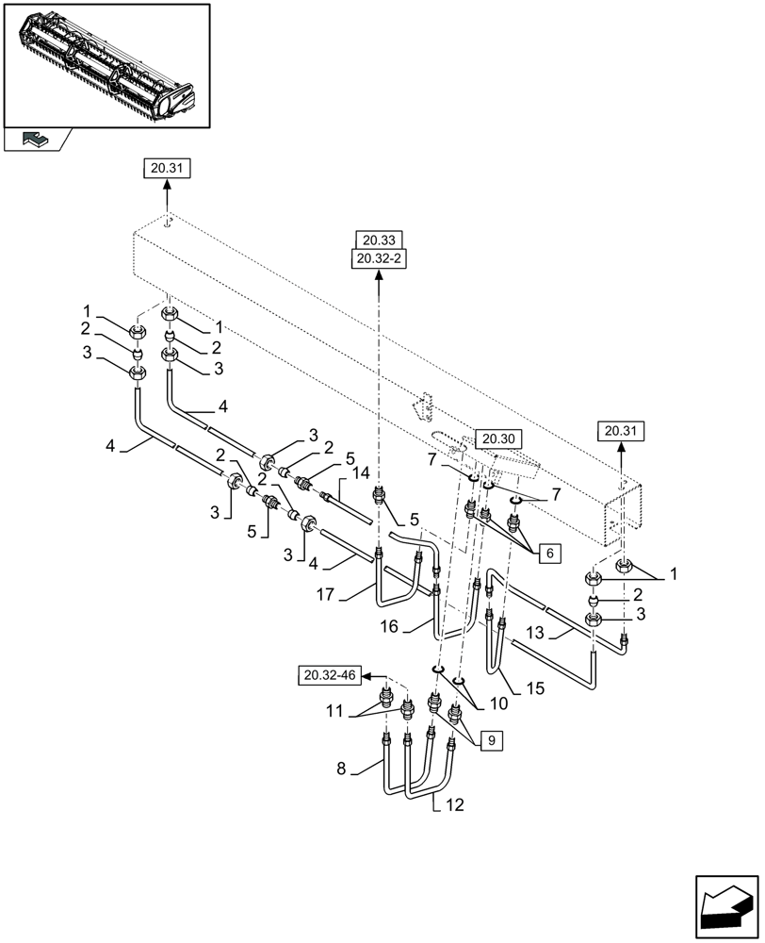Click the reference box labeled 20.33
(x=379, y=240)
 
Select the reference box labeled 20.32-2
(x=379, y=258)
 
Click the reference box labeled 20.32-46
(x=330, y=675)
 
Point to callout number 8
(x=342, y=769)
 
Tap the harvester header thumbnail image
(x=106, y=64)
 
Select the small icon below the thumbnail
(x=35, y=140)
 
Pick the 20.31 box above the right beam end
(x=622, y=431)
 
